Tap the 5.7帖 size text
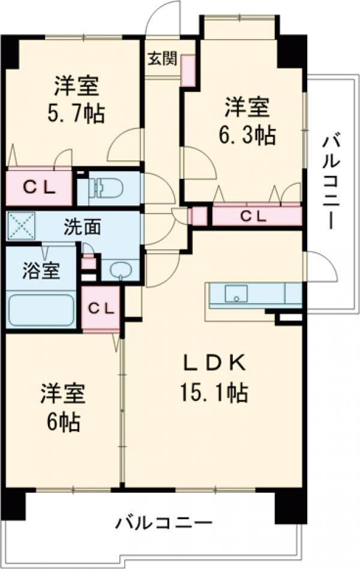[x=76, y=112]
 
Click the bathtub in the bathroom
[x=41, y=310]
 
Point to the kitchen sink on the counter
[x=236, y=294]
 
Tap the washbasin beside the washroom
[x=120, y=269]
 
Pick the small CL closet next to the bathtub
[x=101, y=308]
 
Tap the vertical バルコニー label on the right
[x=332, y=182]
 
